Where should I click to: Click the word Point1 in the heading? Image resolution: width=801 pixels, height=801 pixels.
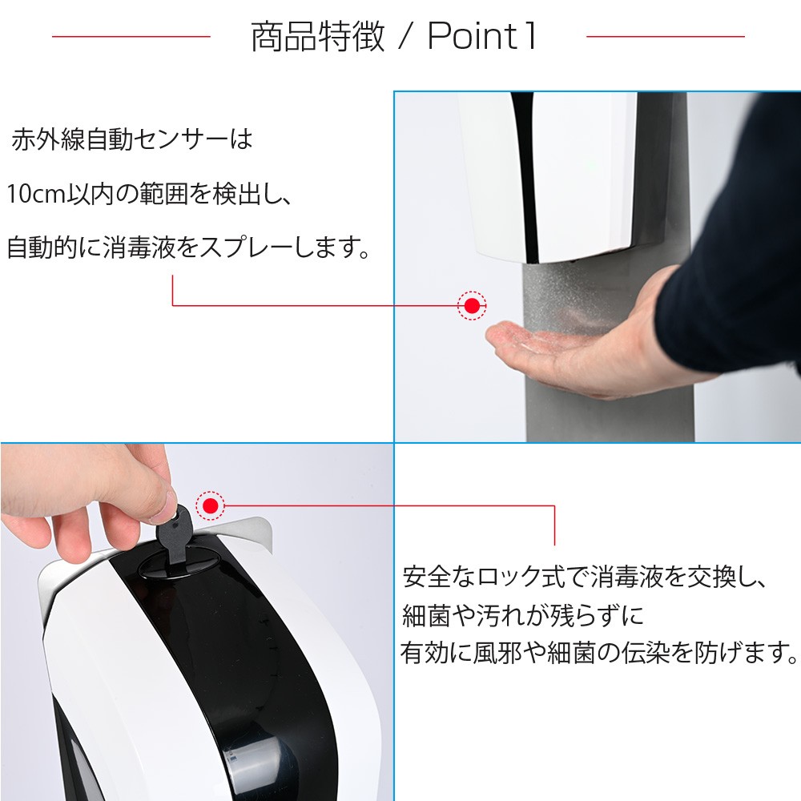point(482,37)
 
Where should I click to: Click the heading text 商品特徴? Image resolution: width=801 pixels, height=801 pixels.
point(318,37)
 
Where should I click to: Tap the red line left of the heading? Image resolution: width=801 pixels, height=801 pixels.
point(131,36)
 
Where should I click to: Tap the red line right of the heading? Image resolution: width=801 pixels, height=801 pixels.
point(665,36)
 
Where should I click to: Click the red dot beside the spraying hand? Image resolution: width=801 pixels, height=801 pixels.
point(472,305)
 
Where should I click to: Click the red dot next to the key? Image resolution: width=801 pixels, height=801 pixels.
point(210,505)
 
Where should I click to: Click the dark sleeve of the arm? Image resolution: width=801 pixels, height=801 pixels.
point(737,304)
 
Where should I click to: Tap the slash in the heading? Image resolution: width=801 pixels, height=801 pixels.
point(405,37)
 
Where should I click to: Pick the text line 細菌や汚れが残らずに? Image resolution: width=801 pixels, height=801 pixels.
point(522,615)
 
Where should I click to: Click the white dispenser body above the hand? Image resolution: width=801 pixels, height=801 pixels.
point(553,176)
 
